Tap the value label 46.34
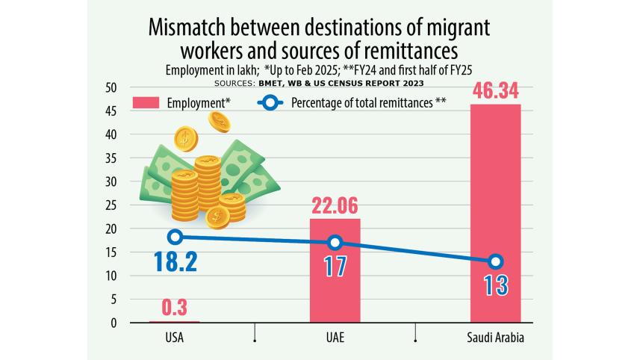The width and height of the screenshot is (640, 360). click(x=495, y=93)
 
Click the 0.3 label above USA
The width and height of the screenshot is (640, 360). click(x=174, y=308)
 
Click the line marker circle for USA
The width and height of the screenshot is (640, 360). click(x=175, y=237)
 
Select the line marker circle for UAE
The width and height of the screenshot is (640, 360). click(x=335, y=242)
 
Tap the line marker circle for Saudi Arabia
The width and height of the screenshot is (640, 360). click(x=495, y=261)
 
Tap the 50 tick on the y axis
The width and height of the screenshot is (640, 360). click(x=112, y=87)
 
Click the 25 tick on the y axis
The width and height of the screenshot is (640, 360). click(x=112, y=205)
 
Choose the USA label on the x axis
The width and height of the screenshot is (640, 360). click(x=174, y=338)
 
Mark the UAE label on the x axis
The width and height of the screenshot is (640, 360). click(x=335, y=338)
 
